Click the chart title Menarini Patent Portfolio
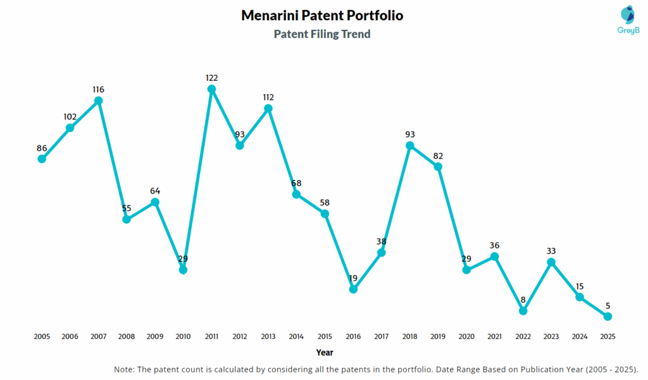[x=322, y=15]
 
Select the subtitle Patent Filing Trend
[x=322, y=34]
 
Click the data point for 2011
[x=212, y=89]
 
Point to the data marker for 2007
[x=99, y=101]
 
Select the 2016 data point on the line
[x=353, y=290]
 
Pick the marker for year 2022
[x=523, y=310]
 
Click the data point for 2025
[x=608, y=316]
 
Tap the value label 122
[x=212, y=78]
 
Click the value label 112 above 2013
[x=268, y=97]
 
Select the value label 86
[x=42, y=148]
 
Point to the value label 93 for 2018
[x=409, y=134]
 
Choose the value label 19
[x=353, y=278]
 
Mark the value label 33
[x=551, y=250]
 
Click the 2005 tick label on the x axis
[x=42, y=336]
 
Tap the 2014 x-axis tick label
[x=296, y=336]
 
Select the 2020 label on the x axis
[x=466, y=336]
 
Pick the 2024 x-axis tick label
[x=580, y=336]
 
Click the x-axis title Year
[x=325, y=352]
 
